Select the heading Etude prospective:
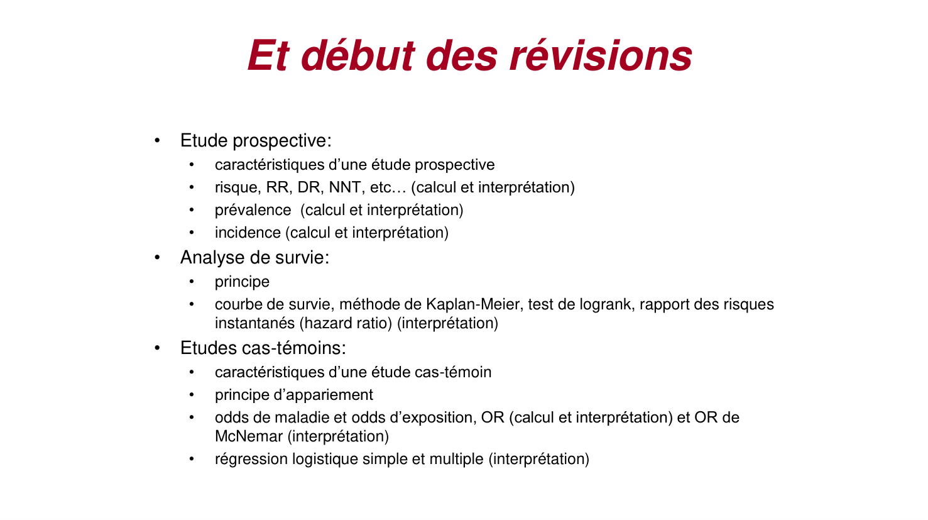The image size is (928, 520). [256, 141]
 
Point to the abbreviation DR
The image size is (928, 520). [308, 187]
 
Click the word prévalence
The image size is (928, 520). [253, 210]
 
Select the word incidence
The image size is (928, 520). [248, 233]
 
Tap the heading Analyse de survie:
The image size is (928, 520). [254, 257]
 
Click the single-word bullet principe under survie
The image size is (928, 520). [242, 282]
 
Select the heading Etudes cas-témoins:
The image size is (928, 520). [263, 348]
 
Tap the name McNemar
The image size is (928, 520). [249, 436]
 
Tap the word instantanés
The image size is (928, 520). [255, 323]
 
